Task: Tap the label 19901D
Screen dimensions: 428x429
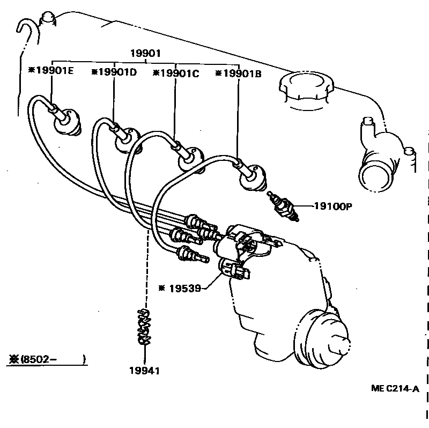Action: (115, 72)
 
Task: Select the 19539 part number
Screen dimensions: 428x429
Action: (183, 288)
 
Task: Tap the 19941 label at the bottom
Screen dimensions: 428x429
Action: (144, 370)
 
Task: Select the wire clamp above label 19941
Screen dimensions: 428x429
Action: (144, 327)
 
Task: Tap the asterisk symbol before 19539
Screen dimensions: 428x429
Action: (161, 288)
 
